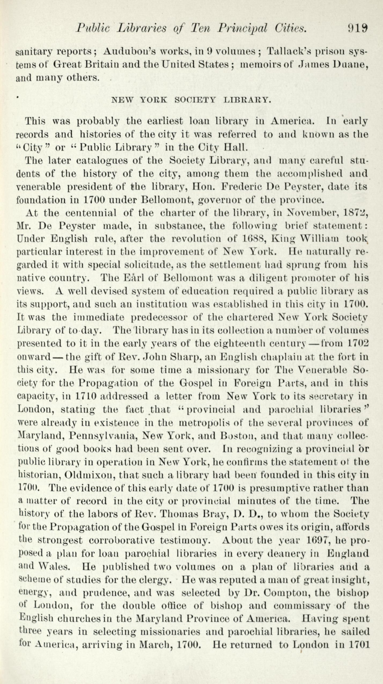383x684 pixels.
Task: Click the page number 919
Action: tap(358, 28)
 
